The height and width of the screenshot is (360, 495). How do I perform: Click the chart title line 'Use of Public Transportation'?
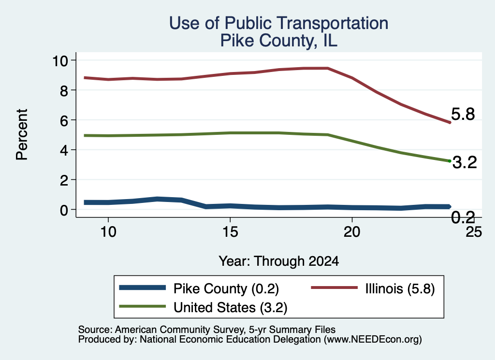(278, 24)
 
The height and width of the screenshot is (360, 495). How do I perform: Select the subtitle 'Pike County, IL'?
(279, 41)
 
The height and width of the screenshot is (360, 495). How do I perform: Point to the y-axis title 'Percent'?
(22, 134)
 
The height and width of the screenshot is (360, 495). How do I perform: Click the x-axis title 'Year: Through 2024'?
(279, 261)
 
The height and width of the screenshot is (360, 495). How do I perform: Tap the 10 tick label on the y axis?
(60, 61)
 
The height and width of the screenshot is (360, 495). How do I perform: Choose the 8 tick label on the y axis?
(64, 91)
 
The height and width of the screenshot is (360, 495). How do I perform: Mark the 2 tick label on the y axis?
(64, 180)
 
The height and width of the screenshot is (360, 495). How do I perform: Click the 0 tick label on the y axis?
(64, 210)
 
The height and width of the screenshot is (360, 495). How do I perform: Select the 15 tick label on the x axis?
(230, 232)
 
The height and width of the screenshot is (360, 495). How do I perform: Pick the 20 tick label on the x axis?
(352, 232)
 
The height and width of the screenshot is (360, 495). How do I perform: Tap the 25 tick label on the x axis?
(474, 232)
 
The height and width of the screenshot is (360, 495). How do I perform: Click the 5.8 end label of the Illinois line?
(463, 114)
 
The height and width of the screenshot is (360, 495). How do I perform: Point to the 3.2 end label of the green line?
(465, 162)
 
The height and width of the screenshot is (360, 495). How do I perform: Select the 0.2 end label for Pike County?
(463, 217)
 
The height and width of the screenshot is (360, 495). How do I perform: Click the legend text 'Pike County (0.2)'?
(226, 288)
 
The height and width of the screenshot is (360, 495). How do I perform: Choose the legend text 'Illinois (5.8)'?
(400, 288)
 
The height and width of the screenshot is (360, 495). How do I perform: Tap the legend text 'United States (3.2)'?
(231, 307)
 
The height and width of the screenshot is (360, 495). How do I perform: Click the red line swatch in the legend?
(335, 288)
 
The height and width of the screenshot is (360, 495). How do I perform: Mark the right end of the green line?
(450, 161)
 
